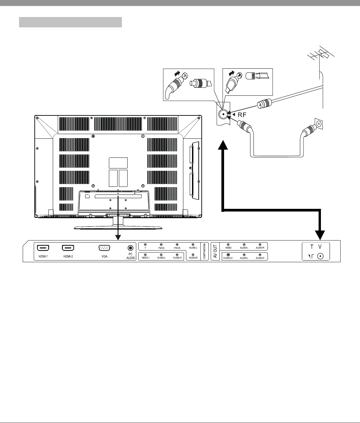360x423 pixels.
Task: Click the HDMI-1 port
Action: pyautogui.click(x=43, y=248)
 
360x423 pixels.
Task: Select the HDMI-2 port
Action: pyautogui.click(x=68, y=248)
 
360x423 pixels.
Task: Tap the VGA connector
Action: pyautogui.click(x=104, y=248)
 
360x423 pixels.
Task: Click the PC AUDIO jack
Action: pyautogui.click(x=130, y=248)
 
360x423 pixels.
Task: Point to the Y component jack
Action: pyautogui.click(x=145, y=245)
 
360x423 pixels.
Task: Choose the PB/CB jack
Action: pyautogui.click(x=161, y=245)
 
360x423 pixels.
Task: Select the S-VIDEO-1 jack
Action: pyautogui.click(x=228, y=255)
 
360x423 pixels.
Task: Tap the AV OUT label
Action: pyautogui.click(x=215, y=251)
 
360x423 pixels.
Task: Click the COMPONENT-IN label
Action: pyautogui.click(x=204, y=251)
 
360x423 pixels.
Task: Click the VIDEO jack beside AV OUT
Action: pyautogui.click(x=228, y=245)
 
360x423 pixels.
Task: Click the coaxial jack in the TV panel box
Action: pyautogui.click(x=321, y=256)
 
